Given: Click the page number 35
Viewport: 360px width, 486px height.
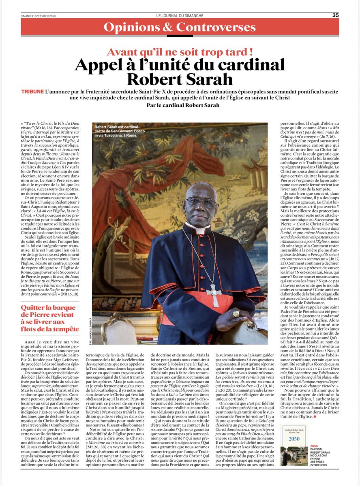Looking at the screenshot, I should pos(336,15).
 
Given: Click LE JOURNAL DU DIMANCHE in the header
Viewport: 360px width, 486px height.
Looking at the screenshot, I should pos(179,15).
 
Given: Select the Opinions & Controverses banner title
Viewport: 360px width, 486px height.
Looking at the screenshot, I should pos(180,28).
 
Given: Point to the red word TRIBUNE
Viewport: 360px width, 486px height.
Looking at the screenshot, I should pos(33,92).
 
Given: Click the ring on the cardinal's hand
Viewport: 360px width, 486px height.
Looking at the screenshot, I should pos(236,314).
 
